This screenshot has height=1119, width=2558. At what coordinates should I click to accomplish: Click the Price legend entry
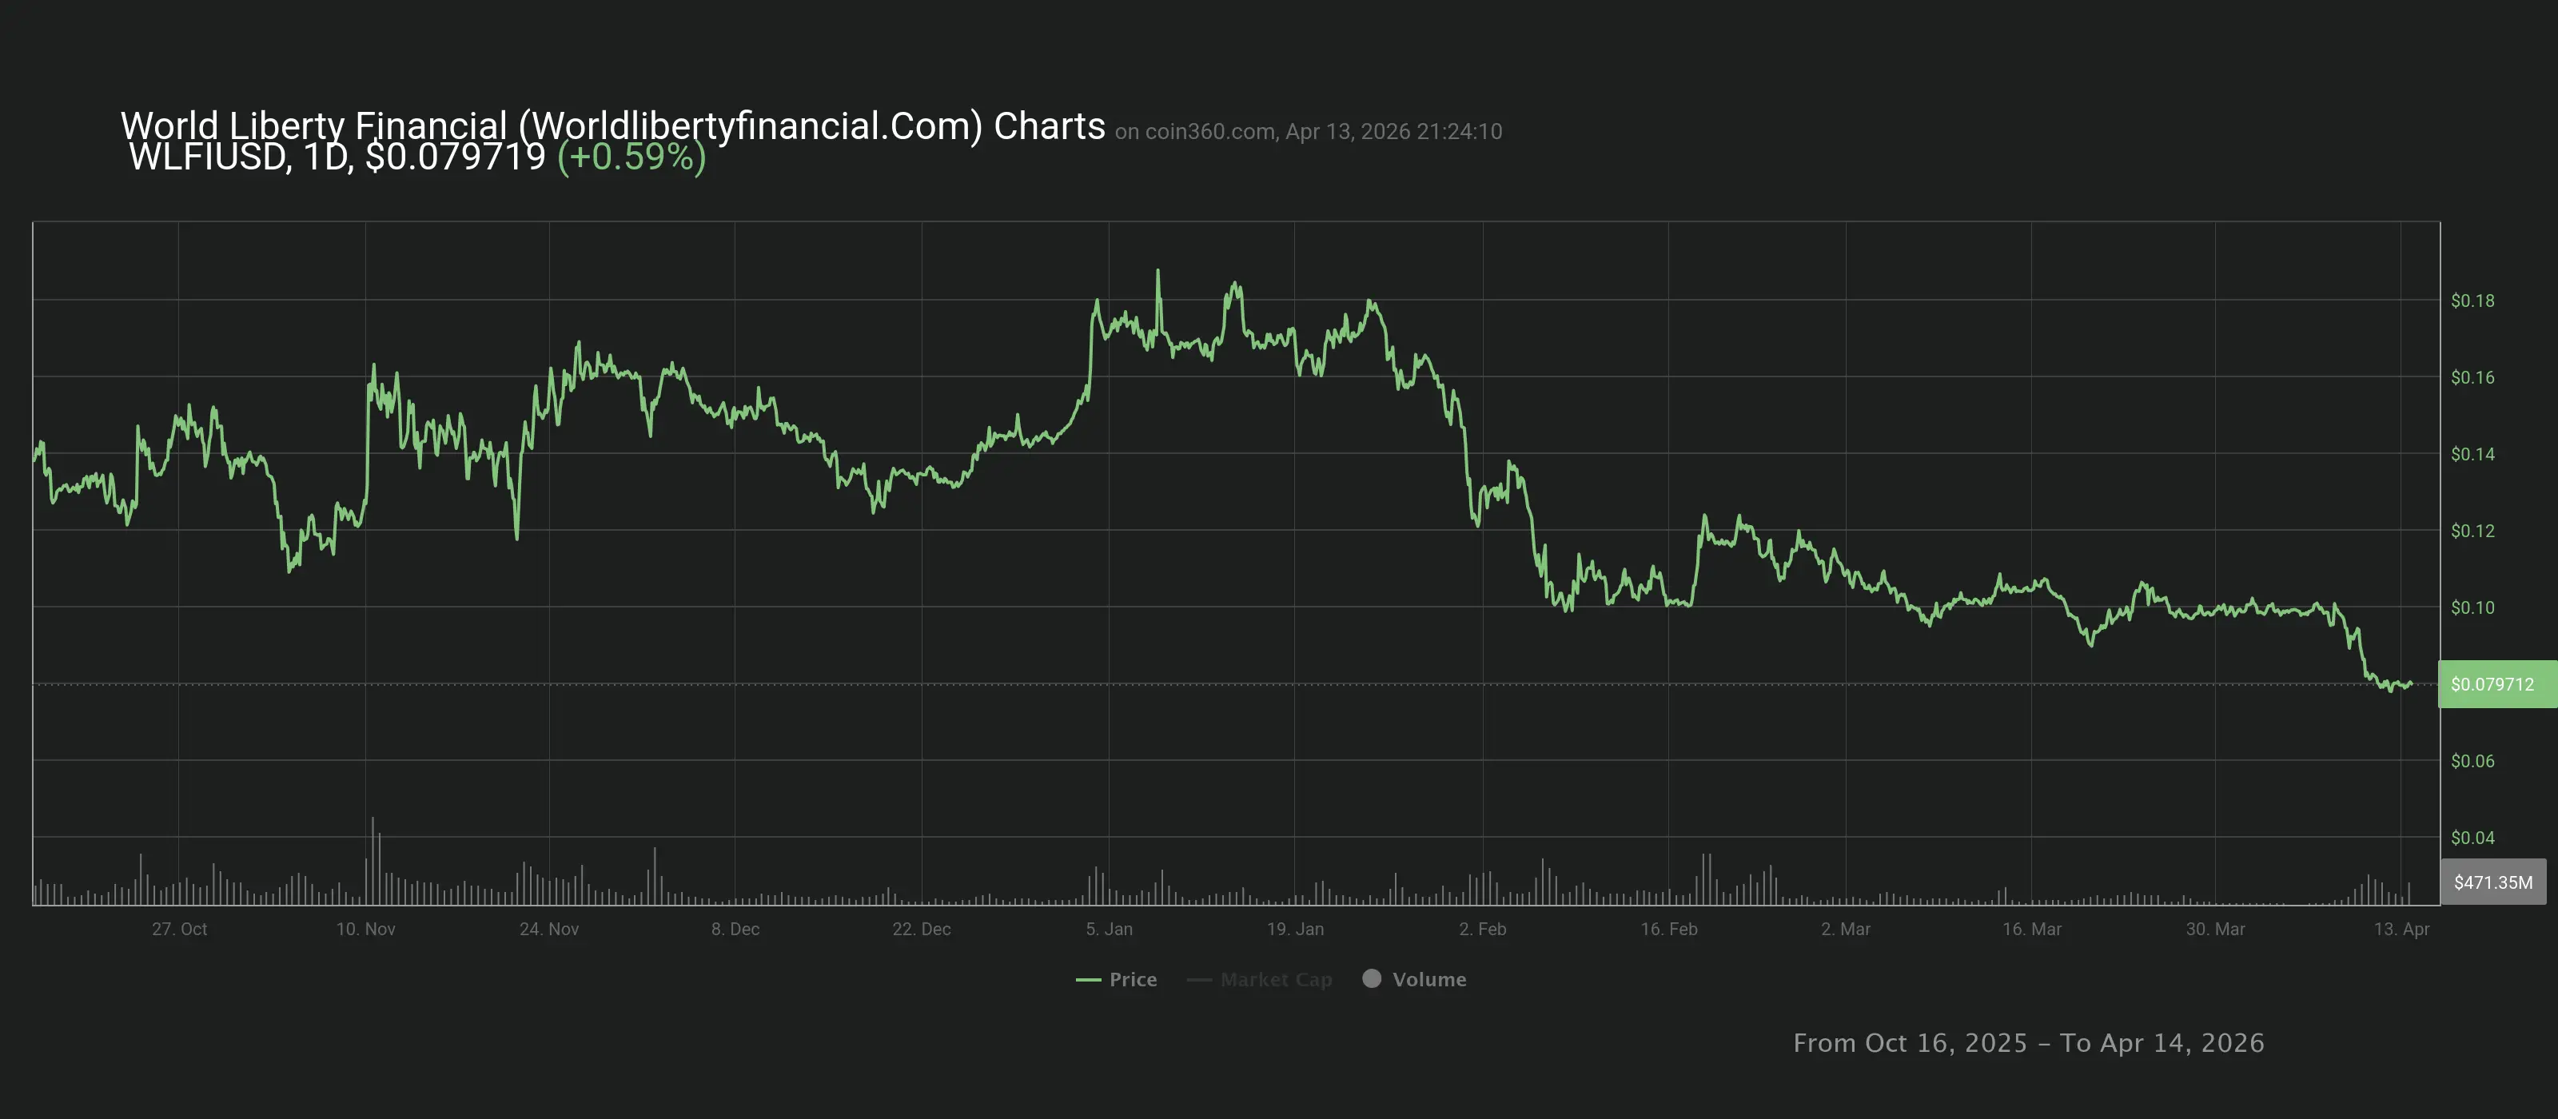tap(1118, 979)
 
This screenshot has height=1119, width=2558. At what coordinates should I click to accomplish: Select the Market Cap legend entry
tap(1261, 979)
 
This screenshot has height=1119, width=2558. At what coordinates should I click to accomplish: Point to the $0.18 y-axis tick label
tap(2472, 301)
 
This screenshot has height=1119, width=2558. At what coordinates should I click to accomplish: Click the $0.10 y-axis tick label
tap(2472, 607)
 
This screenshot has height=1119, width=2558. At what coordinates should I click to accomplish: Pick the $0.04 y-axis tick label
tap(2472, 838)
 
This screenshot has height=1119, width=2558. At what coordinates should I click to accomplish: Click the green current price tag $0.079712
tap(2492, 684)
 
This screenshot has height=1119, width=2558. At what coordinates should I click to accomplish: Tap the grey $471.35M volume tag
tap(2492, 882)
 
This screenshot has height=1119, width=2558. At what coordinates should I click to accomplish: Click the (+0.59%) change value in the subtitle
tap(632, 157)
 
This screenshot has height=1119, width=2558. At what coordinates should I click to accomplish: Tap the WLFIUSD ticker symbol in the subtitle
tap(208, 157)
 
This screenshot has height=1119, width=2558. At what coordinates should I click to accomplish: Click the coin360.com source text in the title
tap(1209, 132)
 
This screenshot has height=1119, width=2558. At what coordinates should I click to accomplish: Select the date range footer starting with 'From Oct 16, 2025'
tap(2028, 1042)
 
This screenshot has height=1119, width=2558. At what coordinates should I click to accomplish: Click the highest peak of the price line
tap(1157, 271)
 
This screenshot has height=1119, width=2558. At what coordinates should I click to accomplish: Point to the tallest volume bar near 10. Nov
tap(373, 820)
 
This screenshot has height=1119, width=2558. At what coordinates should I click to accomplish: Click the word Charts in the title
tap(1049, 126)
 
